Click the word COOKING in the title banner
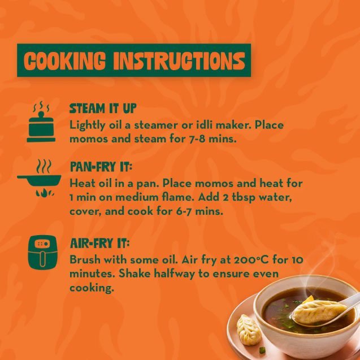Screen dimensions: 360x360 (x=65, y=60)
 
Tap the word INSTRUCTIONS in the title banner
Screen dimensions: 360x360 (x=179, y=60)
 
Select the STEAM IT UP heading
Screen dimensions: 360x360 (x=103, y=109)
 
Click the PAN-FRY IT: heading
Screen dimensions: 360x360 (x=101, y=167)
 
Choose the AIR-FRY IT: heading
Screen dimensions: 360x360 (x=100, y=244)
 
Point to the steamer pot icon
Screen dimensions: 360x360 (x=41, y=122)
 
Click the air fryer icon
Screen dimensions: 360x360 (x=43, y=252)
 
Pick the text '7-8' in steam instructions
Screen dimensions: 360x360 (x=197, y=139)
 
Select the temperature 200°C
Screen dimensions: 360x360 (x=251, y=260)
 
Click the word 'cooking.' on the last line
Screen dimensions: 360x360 (x=92, y=288)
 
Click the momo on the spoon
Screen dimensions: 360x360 (x=319, y=312)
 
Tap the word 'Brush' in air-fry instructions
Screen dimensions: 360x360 (x=85, y=260)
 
